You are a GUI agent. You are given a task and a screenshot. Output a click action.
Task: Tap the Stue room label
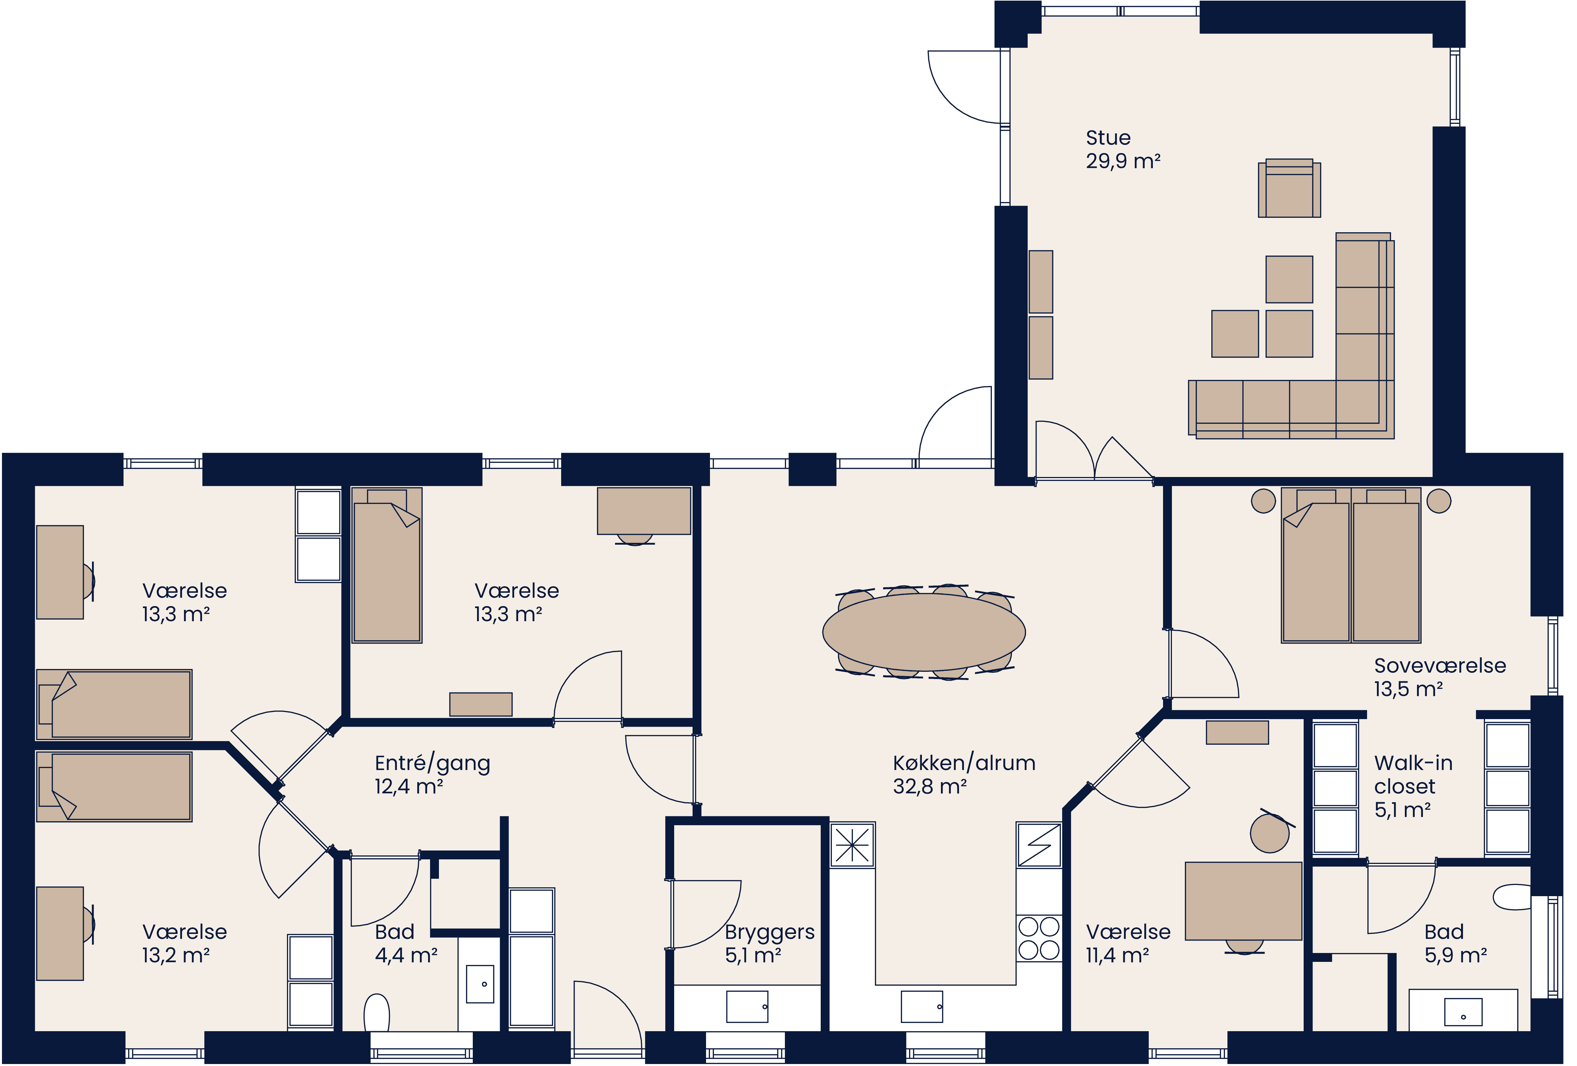1108,138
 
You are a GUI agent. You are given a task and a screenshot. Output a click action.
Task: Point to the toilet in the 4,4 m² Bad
377,1012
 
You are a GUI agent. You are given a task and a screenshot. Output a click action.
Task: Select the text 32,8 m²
930,786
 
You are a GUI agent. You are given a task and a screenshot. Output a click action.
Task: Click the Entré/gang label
432,763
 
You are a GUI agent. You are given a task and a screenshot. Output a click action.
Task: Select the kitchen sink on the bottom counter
922,1006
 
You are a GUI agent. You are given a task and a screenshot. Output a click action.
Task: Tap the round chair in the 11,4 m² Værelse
1269,833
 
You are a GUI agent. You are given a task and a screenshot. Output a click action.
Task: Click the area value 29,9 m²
1123,162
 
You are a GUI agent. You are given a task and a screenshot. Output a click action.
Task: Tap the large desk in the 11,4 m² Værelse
1243,901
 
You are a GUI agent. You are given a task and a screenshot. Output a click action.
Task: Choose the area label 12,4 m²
408,786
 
